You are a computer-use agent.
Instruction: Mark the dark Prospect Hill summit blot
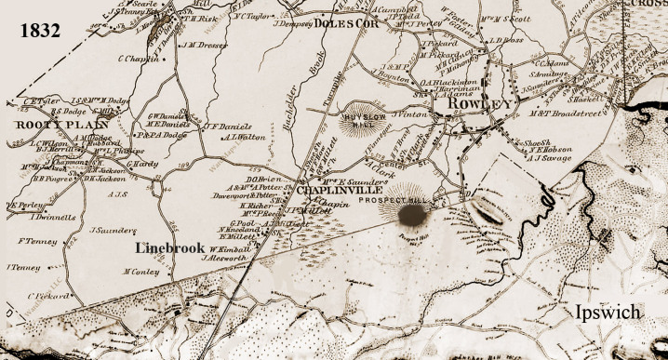(410, 215)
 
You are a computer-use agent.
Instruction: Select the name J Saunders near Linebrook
(109, 229)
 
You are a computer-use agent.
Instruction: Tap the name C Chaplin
(136, 58)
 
